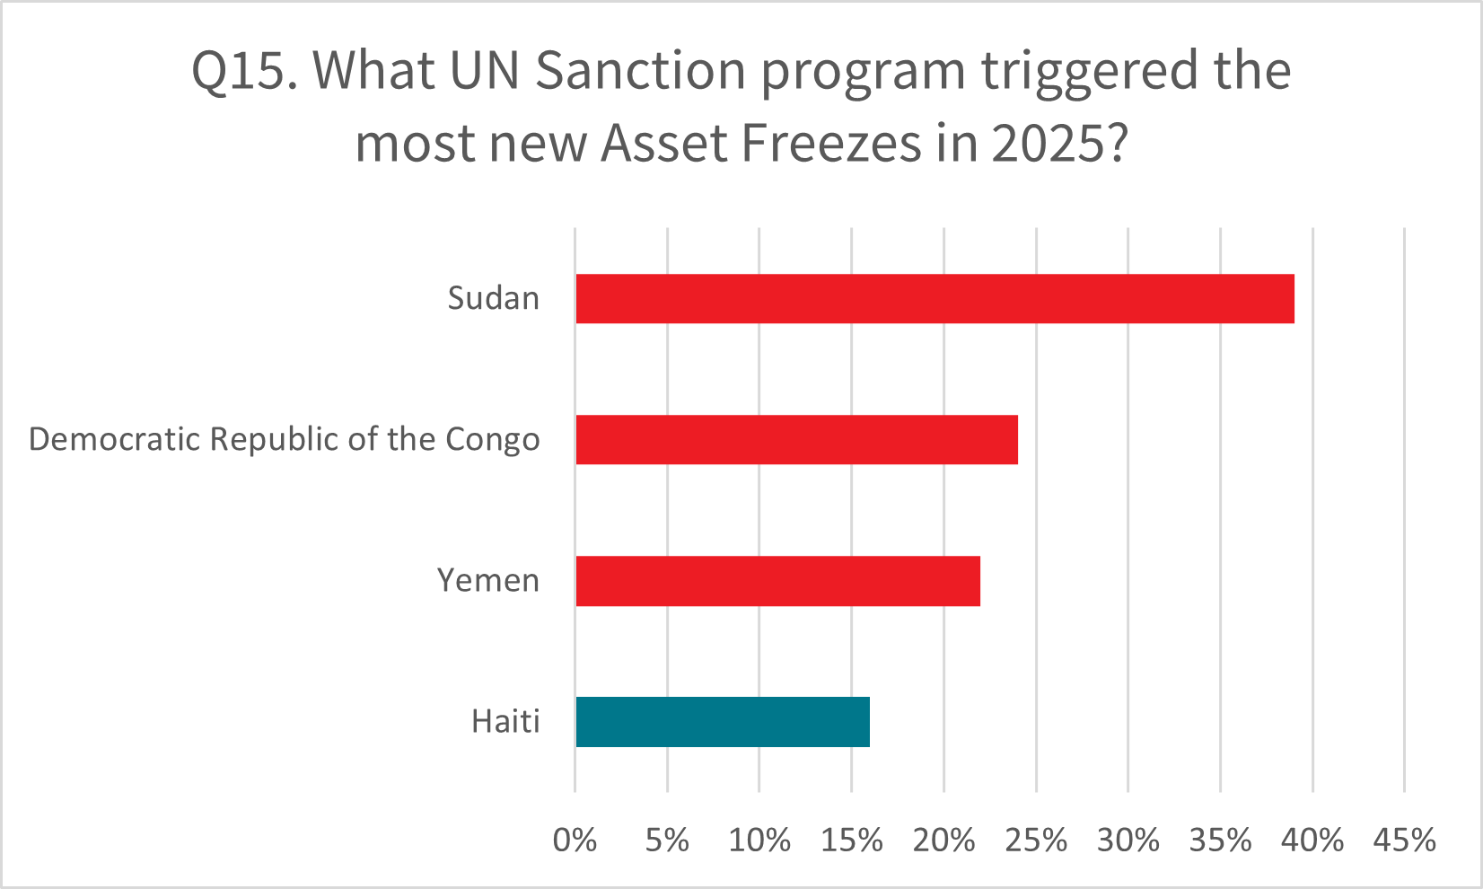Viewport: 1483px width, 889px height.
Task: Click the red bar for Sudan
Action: [x=935, y=299]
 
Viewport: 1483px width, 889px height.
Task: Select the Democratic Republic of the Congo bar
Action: [x=796, y=440]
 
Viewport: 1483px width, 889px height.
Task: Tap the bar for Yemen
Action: [x=777, y=581]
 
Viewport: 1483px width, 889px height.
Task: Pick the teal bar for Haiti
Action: [x=723, y=722]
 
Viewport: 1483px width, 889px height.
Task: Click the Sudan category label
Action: [x=494, y=299]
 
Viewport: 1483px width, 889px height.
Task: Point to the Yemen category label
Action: [x=488, y=581]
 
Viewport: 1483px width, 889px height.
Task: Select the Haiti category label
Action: [x=505, y=722]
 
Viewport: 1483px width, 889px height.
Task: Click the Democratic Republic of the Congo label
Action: [x=285, y=440]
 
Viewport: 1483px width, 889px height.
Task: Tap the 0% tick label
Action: [x=575, y=841]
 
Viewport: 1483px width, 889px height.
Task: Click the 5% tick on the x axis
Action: [x=667, y=841]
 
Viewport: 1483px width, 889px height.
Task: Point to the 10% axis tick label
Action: [x=759, y=841]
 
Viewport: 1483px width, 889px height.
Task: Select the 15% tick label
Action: [x=852, y=841]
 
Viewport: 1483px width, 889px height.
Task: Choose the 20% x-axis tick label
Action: [x=944, y=841]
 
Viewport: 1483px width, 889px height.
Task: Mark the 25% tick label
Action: [x=1037, y=841]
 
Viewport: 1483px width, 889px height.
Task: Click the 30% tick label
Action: [x=1128, y=841]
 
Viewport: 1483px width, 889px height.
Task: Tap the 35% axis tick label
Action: [x=1221, y=841]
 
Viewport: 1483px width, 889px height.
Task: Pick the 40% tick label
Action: [x=1313, y=841]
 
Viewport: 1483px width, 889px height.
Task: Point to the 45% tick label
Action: [x=1405, y=841]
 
